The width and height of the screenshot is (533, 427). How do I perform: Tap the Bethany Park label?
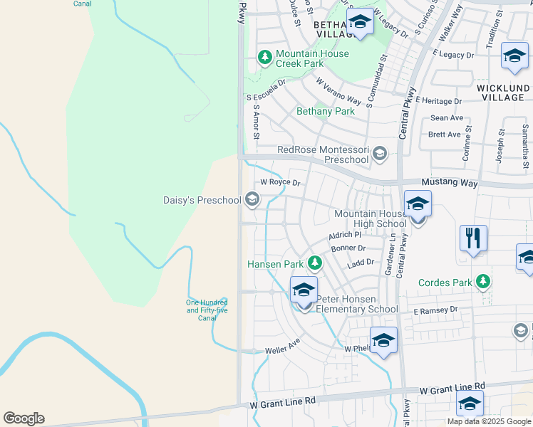click(x=325, y=112)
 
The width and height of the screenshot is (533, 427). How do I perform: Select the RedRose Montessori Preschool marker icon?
click(x=380, y=152)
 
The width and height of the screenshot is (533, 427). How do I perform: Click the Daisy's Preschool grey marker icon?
click(x=251, y=200)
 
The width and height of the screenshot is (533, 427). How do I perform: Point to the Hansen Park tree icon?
click(x=314, y=264)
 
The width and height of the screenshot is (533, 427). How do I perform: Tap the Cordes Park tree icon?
click(x=484, y=282)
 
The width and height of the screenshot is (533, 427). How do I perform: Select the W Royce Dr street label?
click(x=280, y=182)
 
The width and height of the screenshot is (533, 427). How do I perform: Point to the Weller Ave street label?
click(x=282, y=344)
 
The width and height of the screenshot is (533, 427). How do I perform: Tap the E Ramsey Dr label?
click(x=435, y=310)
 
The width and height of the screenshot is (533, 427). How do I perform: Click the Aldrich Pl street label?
click(x=345, y=235)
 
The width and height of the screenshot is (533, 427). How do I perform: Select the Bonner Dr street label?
click(x=348, y=248)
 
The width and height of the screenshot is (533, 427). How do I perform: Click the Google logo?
click(x=24, y=418)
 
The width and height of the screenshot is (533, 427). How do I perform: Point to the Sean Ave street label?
click(x=447, y=118)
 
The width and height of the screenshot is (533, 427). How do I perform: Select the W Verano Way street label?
click(x=338, y=92)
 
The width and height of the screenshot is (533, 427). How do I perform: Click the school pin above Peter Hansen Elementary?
click(x=304, y=290)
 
